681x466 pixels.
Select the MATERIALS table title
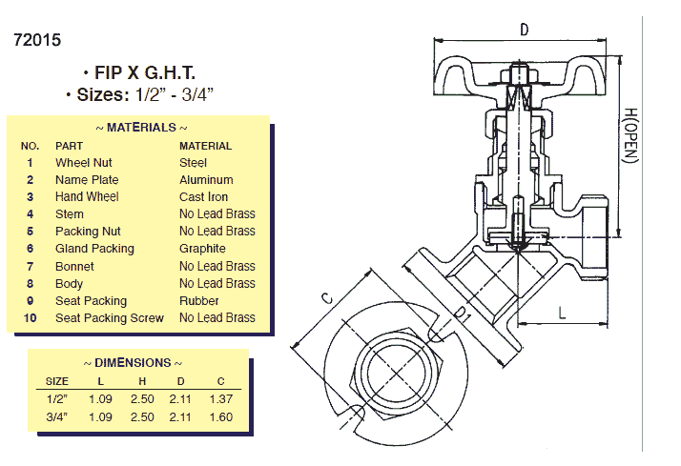coord(141,127)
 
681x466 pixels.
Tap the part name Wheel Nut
coord(83,163)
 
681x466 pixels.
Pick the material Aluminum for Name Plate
coord(206,180)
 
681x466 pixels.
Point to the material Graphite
coord(203,249)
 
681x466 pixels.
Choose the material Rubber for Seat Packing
coord(198,301)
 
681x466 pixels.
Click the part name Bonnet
coord(74,267)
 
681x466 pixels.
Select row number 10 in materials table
coord(30,318)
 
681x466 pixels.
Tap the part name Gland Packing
coord(94,249)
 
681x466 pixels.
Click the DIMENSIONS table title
coord(133,363)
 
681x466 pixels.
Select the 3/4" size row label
coord(57,417)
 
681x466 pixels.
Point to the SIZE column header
coord(57,381)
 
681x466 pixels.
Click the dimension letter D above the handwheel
coord(524,30)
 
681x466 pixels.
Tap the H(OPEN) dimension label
coord(630,133)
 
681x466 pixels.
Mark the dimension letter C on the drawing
coord(327,298)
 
